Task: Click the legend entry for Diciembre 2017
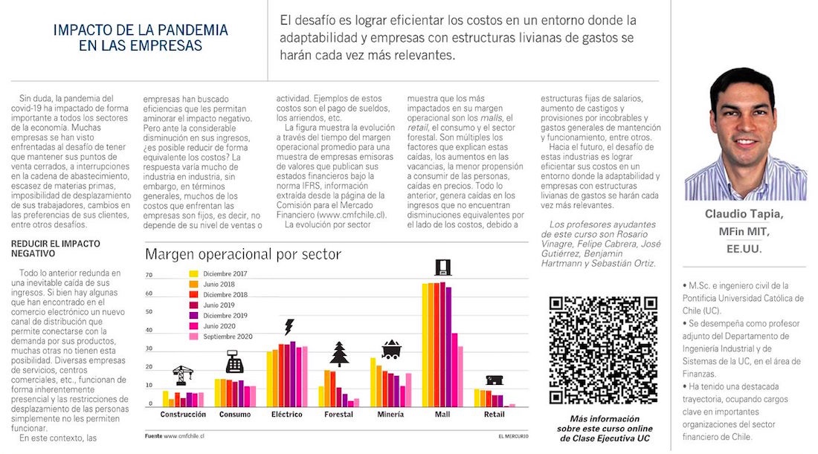pyautogui.click(x=216, y=273)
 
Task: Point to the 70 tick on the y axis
pyautogui.click(x=149, y=275)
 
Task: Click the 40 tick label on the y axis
pyautogui.click(x=149, y=330)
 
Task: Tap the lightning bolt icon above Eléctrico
pyautogui.click(x=289, y=327)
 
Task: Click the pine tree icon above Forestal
pyautogui.click(x=339, y=353)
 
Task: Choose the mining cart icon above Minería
pyautogui.click(x=390, y=348)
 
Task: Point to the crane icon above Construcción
pyautogui.click(x=183, y=374)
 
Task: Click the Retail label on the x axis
pyautogui.click(x=495, y=414)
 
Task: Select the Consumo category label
pyautogui.click(x=235, y=414)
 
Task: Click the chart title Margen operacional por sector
pyautogui.click(x=242, y=255)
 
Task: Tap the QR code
pyautogui.click(x=603, y=350)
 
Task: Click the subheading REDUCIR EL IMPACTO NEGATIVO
pyautogui.click(x=56, y=248)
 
